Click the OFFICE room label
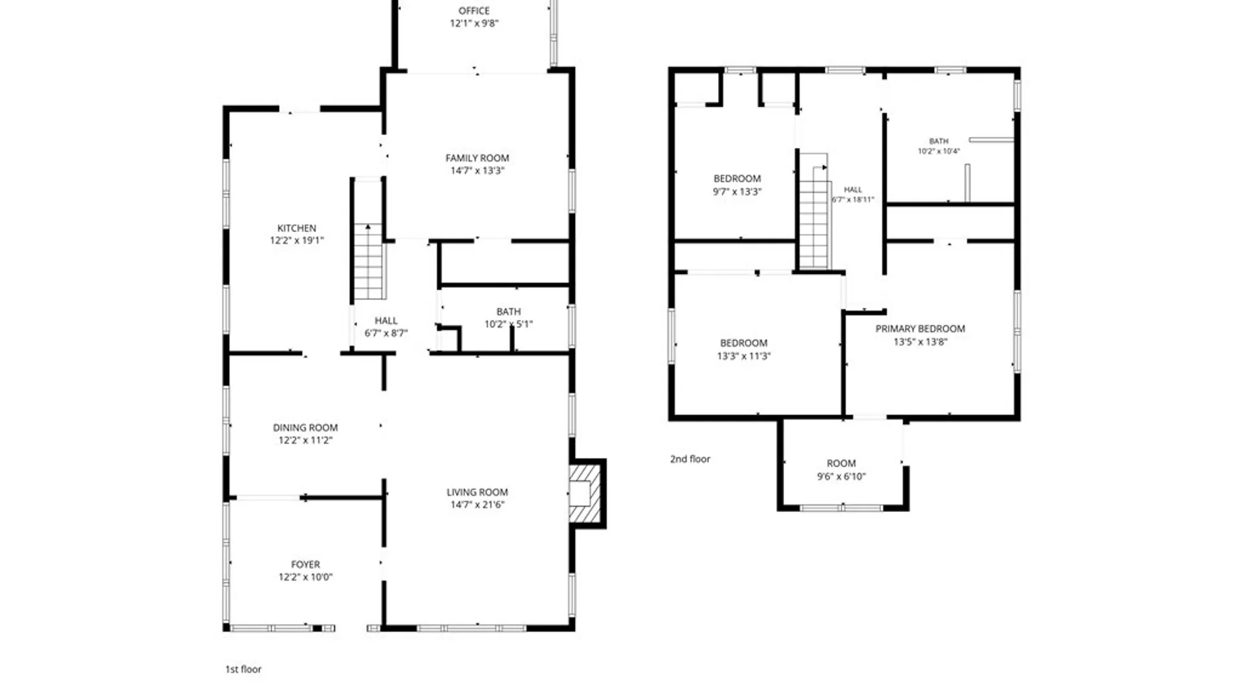474,11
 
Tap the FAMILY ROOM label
477,158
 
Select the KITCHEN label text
297,228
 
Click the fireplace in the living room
587,494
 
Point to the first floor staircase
369,261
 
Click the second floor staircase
814,211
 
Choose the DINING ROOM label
305,428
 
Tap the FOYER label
305,565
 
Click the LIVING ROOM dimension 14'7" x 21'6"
477,505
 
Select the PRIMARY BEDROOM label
921,329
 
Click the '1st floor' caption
243,670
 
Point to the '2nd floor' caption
690,459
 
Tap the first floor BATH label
508,312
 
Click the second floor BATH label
939,141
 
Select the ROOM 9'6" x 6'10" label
842,470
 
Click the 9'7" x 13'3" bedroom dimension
737,192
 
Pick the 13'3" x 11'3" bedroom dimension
744,356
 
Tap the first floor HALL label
386,321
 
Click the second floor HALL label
853,190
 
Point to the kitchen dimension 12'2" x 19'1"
297,240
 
